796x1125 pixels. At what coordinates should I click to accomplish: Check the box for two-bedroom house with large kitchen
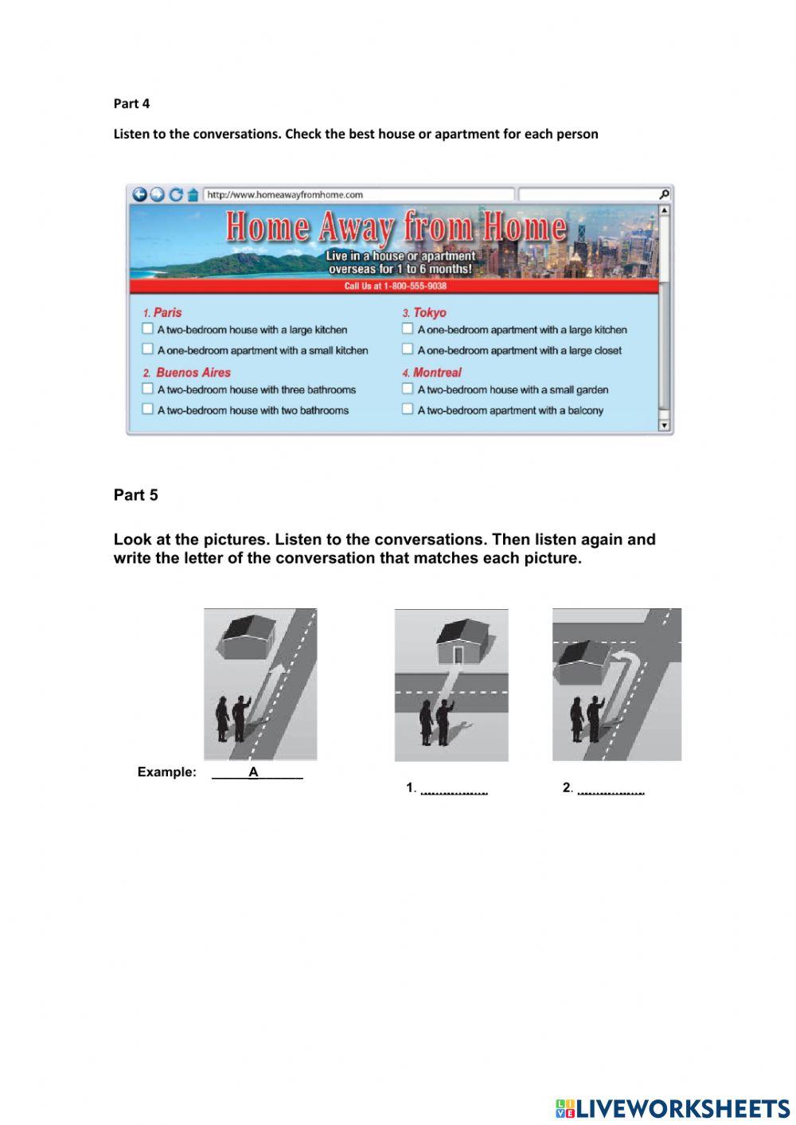(147, 328)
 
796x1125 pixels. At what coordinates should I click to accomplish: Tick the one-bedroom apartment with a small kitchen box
(147, 349)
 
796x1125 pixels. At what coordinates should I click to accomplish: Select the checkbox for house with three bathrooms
(147, 389)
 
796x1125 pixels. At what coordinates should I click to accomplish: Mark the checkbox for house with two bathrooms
(147, 408)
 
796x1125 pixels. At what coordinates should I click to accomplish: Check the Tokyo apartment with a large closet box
(408, 349)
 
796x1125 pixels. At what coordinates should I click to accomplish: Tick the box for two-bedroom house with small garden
(408, 389)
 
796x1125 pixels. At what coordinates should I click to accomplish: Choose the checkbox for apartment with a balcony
(408, 408)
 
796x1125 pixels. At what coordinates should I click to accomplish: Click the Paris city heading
(167, 313)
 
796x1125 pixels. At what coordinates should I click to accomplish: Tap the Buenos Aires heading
(193, 373)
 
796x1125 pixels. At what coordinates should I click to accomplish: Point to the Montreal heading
(436, 373)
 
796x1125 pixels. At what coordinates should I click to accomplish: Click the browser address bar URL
(285, 194)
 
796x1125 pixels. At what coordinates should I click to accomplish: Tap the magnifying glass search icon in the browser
(664, 194)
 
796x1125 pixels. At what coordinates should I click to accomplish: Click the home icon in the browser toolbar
(192, 195)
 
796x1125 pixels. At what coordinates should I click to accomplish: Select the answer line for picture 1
(454, 790)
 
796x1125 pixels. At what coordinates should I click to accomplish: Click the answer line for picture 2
(611, 790)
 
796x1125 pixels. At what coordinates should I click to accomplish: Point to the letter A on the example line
(253, 771)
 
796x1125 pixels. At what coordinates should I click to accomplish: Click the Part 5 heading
(136, 495)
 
